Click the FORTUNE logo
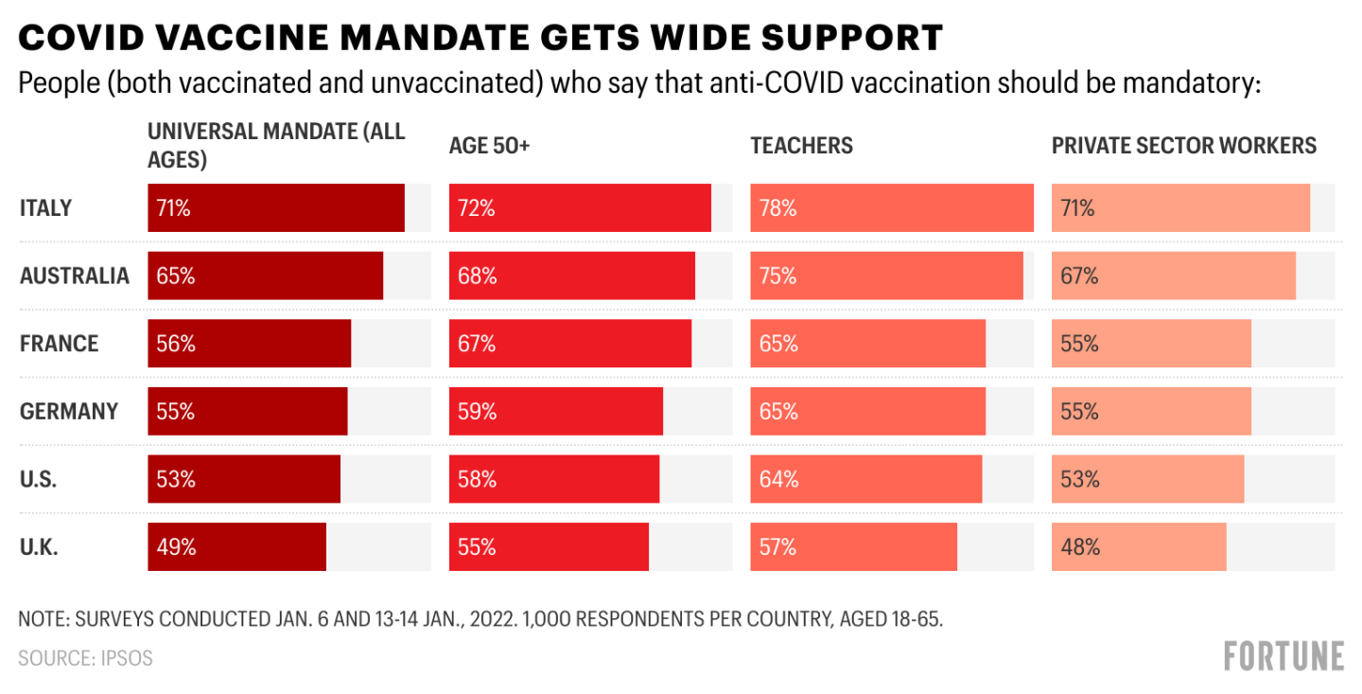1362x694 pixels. click(x=1283, y=656)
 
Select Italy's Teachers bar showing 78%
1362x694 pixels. click(x=891, y=208)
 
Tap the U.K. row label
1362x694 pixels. click(x=39, y=547)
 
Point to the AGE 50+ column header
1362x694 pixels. click(x=489, y=146)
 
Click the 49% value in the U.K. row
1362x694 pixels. click(x=176, y=547)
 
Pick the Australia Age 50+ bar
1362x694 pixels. click(x=571, y=276)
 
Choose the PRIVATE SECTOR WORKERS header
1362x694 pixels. click(x=1184, y=146)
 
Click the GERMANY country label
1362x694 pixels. click(x=69, y=411)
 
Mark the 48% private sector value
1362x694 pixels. click(x=1079, y=547)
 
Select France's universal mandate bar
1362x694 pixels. click(x=249, y=344)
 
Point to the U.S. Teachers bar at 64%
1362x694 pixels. click(x=865, y=479)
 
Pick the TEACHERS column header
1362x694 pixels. click(x=801, y=146)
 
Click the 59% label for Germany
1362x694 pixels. click(x=477, y=412)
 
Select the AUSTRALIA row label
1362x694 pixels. click(x=74, y=276)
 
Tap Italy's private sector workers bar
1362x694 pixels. click(x=1180, y=208)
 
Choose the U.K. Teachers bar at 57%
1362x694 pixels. click(x=853, y=547)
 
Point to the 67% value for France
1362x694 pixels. click(x=477, y=344)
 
